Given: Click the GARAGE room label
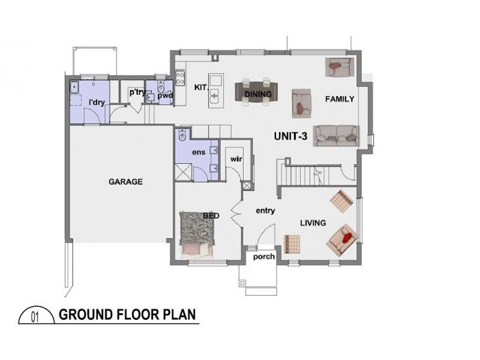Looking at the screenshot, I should (125, 182).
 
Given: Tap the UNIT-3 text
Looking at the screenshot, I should (290, 136).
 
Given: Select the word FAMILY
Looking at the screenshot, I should (340, 99).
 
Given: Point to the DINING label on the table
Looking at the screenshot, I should (258, 94).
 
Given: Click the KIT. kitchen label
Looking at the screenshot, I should (201, 88).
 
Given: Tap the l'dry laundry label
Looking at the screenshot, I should (97, 103).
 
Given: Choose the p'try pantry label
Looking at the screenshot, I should (137, 92).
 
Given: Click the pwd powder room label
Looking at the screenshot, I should (165, 94).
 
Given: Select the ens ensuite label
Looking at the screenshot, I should (199, 152).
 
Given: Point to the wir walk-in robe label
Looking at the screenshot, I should (235, 159).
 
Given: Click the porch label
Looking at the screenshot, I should (264, 256).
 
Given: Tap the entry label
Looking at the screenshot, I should (265, 211).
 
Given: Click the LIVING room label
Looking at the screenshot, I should (313, 223).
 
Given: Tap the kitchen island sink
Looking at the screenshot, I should (214, 94).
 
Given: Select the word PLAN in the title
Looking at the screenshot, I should (177, 315).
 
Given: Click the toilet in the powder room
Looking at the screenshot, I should (160, 91).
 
